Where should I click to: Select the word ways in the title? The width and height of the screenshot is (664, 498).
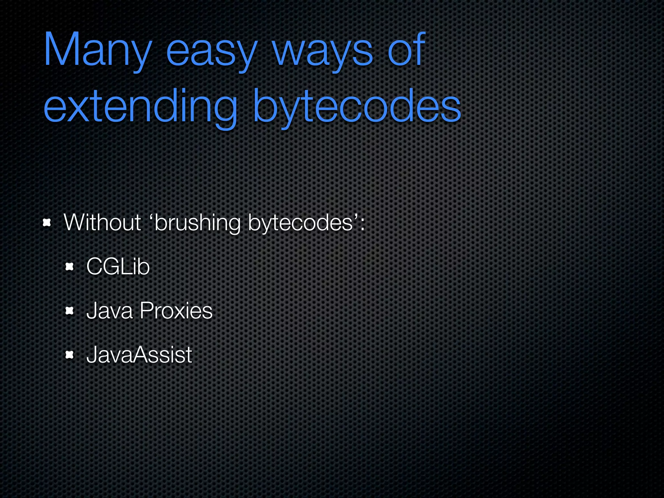[x=323, y=52]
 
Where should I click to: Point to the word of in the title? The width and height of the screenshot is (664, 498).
[x=407, y=49]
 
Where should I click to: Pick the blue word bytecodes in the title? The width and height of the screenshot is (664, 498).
[x=357, y=107]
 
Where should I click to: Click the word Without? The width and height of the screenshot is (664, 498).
[x=102, y=223]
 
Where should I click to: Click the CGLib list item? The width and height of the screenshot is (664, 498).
[x=118, y=267]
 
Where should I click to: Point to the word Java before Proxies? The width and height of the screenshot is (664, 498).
[x=110, y=311]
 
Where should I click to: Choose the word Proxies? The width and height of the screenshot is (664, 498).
[x=176, y=311]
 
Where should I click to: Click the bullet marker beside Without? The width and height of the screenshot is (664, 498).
[x=47, y=223]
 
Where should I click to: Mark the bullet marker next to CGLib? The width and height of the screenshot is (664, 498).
[x=70, y=267]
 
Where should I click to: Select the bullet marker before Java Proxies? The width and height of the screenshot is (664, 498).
[x=70, y=311]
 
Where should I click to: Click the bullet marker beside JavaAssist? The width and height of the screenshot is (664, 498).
[x=70, y=355]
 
